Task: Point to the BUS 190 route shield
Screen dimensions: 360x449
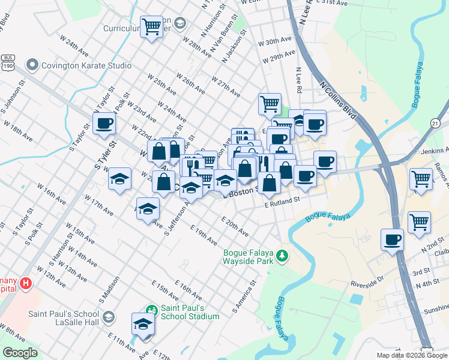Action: (x=8, y=62)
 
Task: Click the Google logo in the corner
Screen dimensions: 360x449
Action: (x=20, y=352)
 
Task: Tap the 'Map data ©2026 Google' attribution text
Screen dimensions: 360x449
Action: (x=412, y=355)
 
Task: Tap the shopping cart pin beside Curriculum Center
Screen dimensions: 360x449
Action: (x=151, y=26)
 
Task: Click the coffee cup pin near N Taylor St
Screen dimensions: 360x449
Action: (x=104, y=124)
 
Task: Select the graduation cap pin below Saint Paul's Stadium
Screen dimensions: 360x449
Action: (x=143, y=324)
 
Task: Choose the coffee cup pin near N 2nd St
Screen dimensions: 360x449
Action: (x=393, y=239)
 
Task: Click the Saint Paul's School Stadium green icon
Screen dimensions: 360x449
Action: (x=152, y=310)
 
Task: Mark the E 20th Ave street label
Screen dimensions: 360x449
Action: (x=235, y=226)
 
